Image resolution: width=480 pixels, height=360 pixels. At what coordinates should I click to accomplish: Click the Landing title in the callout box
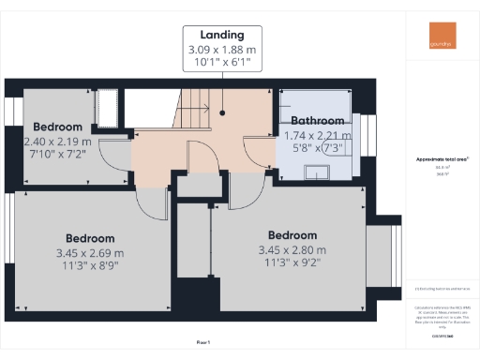click(221, 35)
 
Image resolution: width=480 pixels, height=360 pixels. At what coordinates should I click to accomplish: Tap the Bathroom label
click(319, 121)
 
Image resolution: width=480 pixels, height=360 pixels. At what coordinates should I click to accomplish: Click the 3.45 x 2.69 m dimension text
click(90, 253)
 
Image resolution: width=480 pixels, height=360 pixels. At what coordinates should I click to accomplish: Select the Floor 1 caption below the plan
click(203, 342)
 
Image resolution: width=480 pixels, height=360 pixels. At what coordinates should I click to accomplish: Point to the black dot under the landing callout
click(222, 112)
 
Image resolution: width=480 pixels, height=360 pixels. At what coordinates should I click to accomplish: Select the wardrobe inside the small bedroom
click(106, 107)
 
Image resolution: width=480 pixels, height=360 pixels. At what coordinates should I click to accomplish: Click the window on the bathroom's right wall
click(367, 132)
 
